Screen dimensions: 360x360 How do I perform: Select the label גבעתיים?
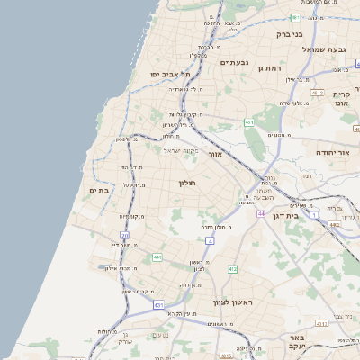pos(233,63)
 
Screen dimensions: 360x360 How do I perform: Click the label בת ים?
pos(99,190)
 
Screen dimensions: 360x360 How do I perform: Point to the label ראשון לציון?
pos(233,302)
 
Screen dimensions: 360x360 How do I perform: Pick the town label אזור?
pos(215,154)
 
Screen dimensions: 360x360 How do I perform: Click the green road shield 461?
pos(248,121)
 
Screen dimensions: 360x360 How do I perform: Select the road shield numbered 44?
pos(261,214)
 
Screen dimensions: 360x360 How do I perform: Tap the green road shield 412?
pos(232,268)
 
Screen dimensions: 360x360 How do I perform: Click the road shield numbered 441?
pos(157,257)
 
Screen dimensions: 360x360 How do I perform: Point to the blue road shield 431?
pos(159,305)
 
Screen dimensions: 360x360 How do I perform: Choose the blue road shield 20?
pos(125,236)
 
